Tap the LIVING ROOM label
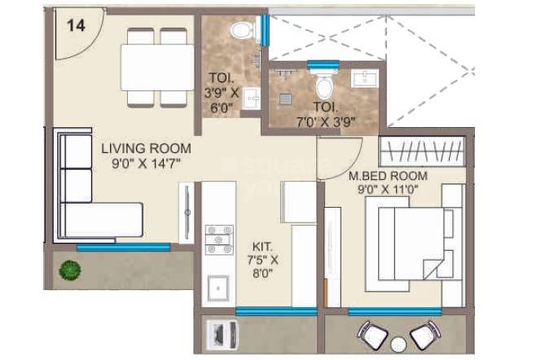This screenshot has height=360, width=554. click(x=147, y=149)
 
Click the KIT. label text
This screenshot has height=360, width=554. click(x=264, y=246)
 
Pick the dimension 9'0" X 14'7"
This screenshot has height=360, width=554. click(x=147, y=164)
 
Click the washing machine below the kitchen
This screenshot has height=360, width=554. click(x=222, y=334)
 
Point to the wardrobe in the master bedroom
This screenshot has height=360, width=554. click(x=424, y=151)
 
